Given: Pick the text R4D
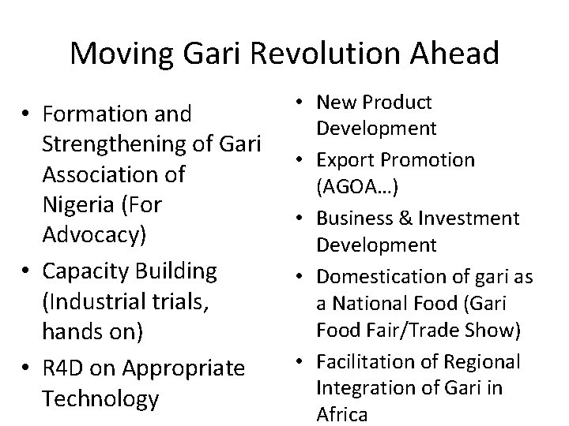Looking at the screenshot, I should [x=63, y=368].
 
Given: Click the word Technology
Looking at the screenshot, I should [x=101, y=398].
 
